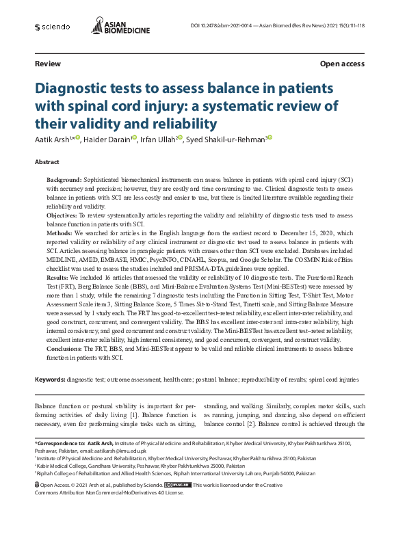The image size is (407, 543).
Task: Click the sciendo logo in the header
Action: tap(52, 27)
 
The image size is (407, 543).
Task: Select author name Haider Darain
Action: tap(107, 139)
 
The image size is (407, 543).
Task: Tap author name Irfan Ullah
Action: tap(157, 139)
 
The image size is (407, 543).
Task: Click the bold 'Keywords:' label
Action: tap(50, 379)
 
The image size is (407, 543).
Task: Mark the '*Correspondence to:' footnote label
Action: tap(60, 444)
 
